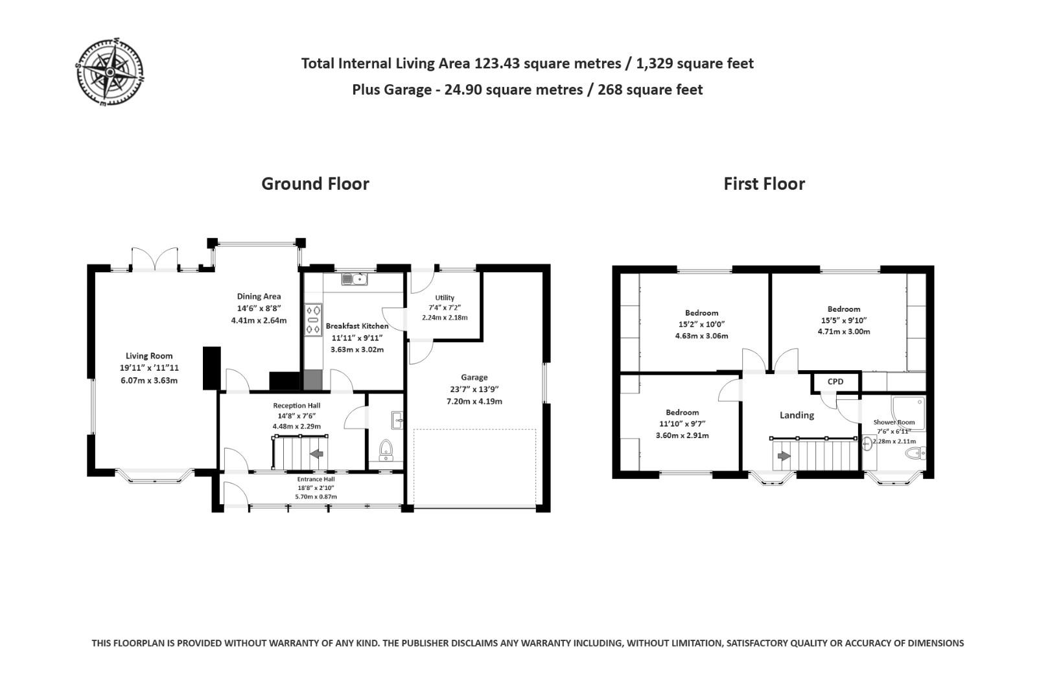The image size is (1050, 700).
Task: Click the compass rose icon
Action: click(110, 71)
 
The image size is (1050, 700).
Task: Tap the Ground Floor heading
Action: click(315, 183)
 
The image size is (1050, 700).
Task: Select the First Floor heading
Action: click(764, 183)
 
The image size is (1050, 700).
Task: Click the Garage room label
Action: click(474, 377)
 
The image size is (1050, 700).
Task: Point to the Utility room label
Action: click(445, 297)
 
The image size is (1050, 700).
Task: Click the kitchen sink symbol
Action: click(355, 279)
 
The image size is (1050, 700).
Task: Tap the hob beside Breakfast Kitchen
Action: click(313, 320)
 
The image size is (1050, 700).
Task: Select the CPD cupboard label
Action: click(835, 382)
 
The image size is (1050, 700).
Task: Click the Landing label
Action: click(797, 415)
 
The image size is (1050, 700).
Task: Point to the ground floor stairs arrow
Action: click(317, 454)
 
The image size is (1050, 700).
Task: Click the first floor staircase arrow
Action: click(784, 456)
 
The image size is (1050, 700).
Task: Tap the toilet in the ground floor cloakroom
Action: click(386, 449)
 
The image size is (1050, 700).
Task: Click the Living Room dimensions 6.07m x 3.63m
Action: click(149, 380)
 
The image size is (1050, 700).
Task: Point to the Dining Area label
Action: click(259, 296)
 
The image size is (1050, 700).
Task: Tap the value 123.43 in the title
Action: click(497, 64)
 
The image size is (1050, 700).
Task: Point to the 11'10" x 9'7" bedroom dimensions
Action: click(682, 424)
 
